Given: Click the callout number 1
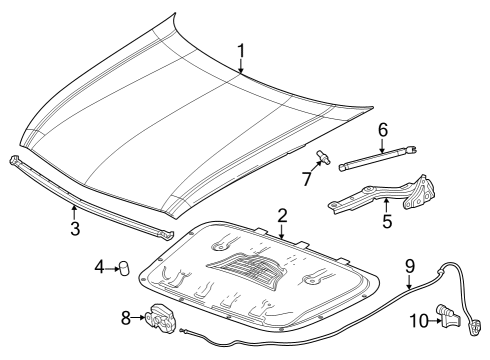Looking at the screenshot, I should click(x=241, y=49).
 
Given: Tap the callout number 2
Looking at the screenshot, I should click(x=283, y=215).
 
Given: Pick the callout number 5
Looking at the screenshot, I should click(x=386, y=221).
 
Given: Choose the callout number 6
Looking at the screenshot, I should click(x=382, y=130).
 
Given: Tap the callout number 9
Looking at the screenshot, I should click(x=409, y=266).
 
